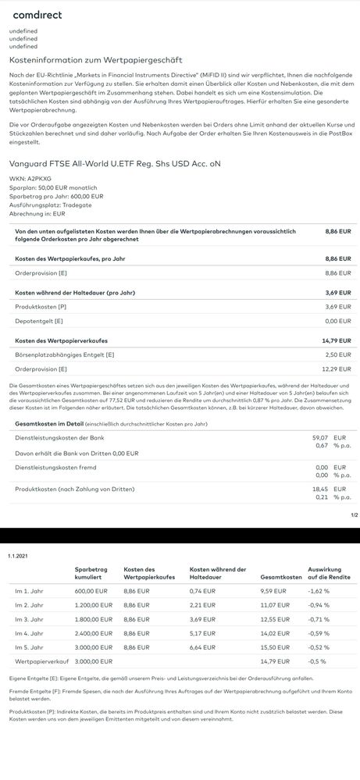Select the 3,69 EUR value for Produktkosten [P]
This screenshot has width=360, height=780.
pos(337,307)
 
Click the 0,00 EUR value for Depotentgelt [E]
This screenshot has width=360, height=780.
pos(337,321)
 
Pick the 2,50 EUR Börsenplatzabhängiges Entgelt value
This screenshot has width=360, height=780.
pos(337,354)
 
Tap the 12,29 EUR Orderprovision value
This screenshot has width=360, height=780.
pos(337,369)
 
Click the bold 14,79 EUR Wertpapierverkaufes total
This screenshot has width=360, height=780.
pos(337,340)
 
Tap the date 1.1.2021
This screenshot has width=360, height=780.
pos(17,554)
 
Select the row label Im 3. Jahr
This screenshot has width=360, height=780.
pos(30,618)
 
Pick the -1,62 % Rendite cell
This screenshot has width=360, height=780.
pos(319,591)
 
